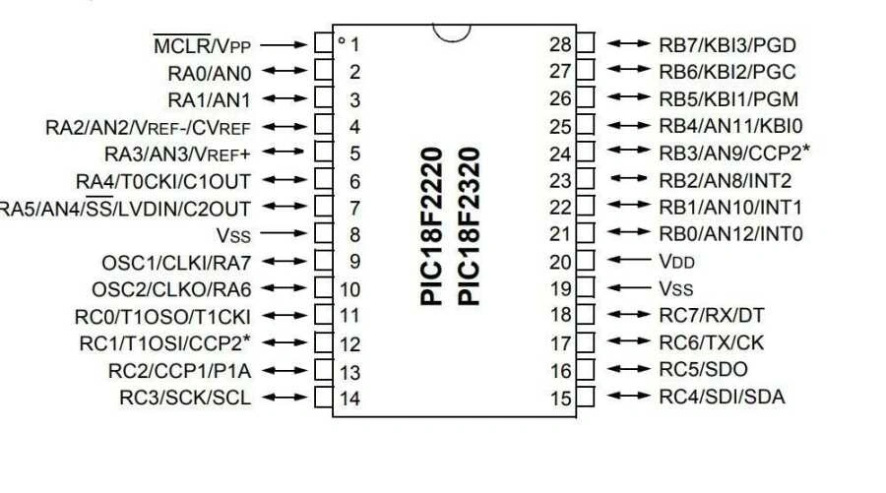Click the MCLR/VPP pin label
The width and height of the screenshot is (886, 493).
tap(203, 44)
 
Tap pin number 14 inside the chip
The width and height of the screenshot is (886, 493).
tap(349, 399)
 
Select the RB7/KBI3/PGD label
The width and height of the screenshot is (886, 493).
tap(728, 44)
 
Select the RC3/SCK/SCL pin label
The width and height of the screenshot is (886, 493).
tap(185, 398)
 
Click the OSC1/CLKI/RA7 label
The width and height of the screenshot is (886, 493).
tap(176, 263)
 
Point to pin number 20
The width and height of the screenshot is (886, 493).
tap(560, 262)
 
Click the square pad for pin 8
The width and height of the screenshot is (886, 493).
tap(323, 235)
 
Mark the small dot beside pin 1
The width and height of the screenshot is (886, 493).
tap(341, 41)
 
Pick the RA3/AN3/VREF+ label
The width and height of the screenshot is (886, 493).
tap(177, 154)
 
